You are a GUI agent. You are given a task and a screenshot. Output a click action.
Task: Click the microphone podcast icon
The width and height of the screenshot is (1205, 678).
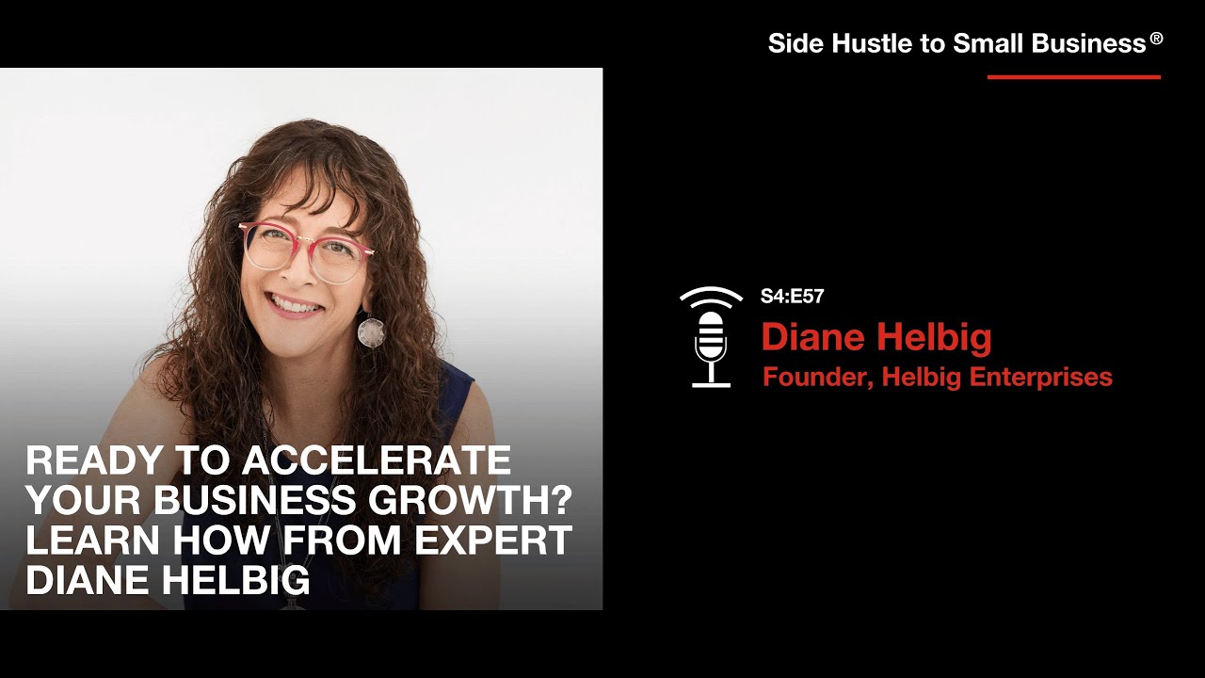(712, 337)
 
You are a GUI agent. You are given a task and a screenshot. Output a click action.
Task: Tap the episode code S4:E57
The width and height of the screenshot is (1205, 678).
(792, 297)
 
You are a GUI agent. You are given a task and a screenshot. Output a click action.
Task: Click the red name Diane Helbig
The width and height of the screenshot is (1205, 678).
(876, 337)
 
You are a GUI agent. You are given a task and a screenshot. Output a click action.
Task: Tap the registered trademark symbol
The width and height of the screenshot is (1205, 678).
(1156, 40)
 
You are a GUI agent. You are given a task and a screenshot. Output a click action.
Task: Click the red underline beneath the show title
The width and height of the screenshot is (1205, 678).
(1073, 77)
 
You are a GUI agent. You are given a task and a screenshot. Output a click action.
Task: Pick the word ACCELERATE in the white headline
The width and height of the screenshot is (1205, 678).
(377, 460)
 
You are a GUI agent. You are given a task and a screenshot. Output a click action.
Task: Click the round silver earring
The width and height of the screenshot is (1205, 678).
(371, 331)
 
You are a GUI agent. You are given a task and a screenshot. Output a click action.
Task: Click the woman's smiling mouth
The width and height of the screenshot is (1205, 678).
(295, 303)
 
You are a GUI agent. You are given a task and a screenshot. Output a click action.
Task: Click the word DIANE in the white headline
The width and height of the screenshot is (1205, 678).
(88, 580)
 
